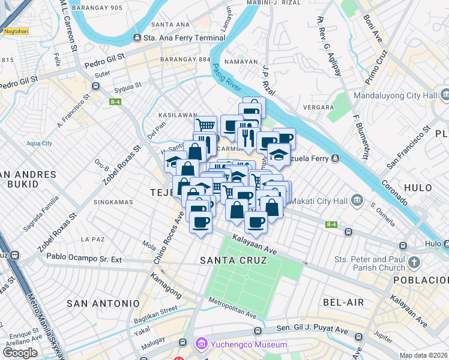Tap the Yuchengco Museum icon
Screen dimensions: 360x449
pos(201,344)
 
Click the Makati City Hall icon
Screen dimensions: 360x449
pos(358,199)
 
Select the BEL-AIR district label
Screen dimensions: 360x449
pos(343,302)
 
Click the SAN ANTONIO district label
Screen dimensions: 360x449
pos(98,304)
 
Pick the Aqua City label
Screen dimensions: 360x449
pos(39,143)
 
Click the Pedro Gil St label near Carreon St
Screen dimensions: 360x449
pos(104,60)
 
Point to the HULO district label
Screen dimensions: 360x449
pos(418,187)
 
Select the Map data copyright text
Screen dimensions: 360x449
pos(423,355)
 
